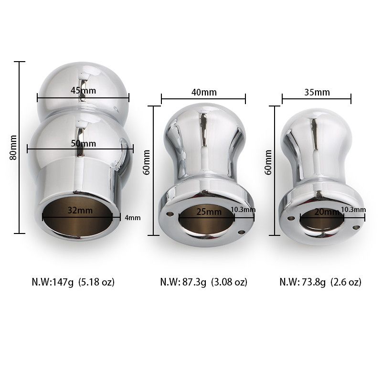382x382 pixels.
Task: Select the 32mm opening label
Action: coord(78,209)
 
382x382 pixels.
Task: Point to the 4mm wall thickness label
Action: coord(132,218)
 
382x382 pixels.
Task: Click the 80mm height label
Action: coord(13,147)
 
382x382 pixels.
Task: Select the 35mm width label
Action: coord(317,92)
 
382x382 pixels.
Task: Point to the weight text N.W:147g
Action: coord(53,282)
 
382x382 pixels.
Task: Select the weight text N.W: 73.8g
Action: coord(303,282)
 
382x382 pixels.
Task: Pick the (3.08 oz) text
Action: coord(228,282)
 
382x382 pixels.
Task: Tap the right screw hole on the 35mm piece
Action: coord(355,227)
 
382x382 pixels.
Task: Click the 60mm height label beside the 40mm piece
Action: coord(147,162)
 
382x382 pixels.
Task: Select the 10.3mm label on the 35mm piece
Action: coord(354,210)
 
